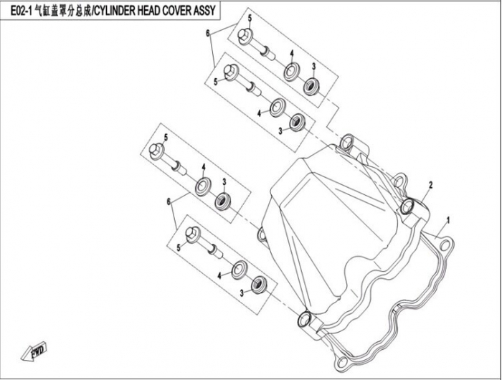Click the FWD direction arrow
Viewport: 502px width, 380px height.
click(x=34, y=352)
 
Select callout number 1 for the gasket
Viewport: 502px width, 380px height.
click(x=448, y=220)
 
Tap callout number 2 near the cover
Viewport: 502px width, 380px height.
click(x=431, y=185)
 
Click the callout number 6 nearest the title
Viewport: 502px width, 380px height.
click(x=207, y=33)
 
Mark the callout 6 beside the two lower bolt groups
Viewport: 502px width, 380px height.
click(x=169, y=201)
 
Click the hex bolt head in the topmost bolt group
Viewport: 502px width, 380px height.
click(x=245, y=34)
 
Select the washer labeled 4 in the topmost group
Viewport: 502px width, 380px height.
click(x=292, y=72)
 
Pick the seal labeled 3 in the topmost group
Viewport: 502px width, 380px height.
click(x=311, y=86)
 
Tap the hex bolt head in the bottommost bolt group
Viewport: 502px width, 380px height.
click(x=193, y=234)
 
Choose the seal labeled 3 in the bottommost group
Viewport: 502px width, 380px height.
click(x=258, y=283)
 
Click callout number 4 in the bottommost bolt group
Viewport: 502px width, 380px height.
click(x=219, y=275)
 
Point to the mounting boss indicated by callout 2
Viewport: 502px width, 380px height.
click(x=407, y=206)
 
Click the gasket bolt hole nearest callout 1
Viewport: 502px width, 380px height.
click(x=444, y=245)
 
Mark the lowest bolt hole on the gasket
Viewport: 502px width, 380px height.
click(x=342, y=361)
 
